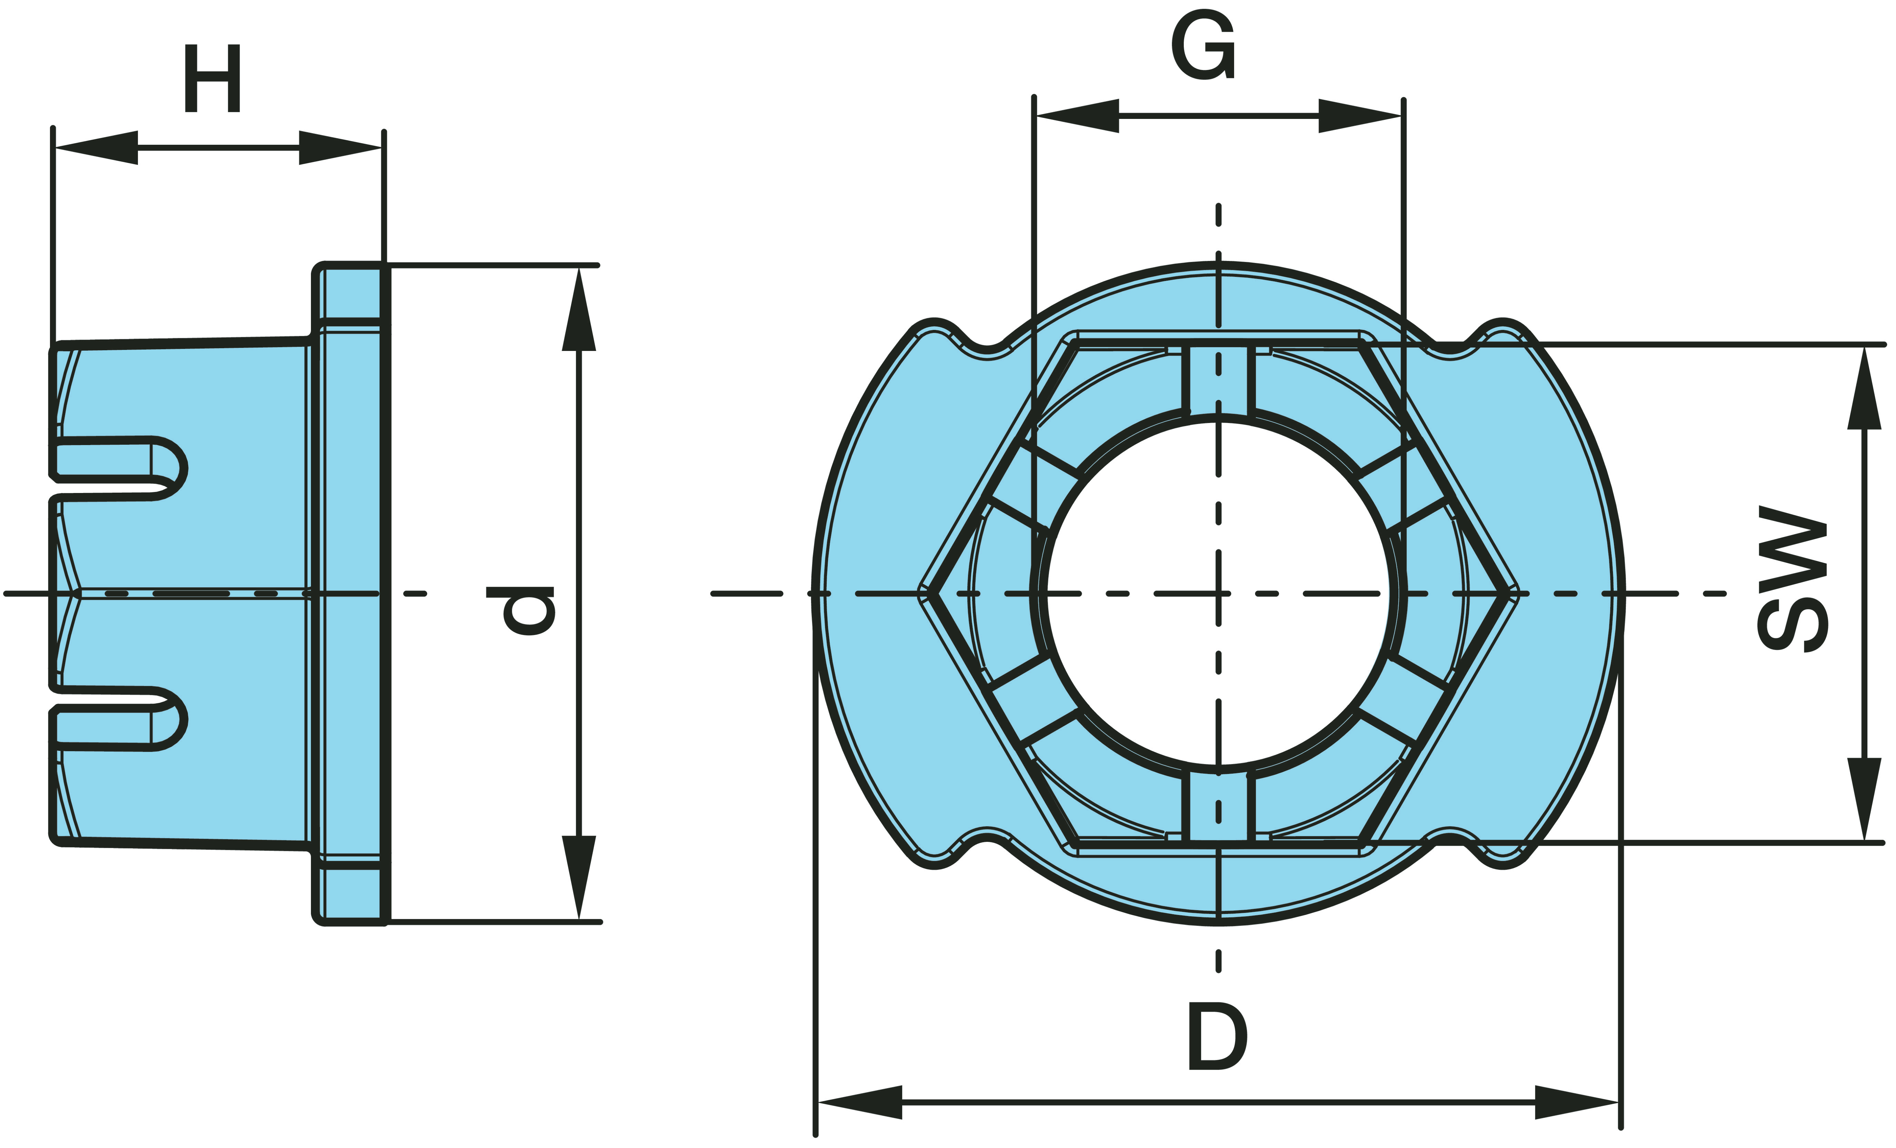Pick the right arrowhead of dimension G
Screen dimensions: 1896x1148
point(1360,116)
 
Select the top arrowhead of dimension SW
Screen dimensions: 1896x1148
point(1864,388)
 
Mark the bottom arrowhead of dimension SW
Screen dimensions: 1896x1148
point(1864,799)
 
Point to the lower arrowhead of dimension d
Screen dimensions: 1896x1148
point(579,877)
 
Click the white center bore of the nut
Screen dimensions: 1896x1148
point(1218,593)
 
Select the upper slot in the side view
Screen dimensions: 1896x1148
point(119,460)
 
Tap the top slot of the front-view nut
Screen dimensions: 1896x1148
point(1218,380)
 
